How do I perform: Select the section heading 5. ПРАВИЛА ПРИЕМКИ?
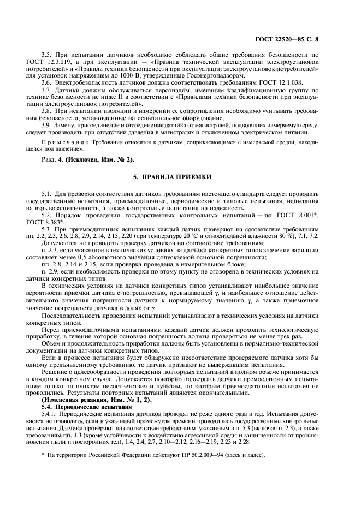click(x=180, y=178)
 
